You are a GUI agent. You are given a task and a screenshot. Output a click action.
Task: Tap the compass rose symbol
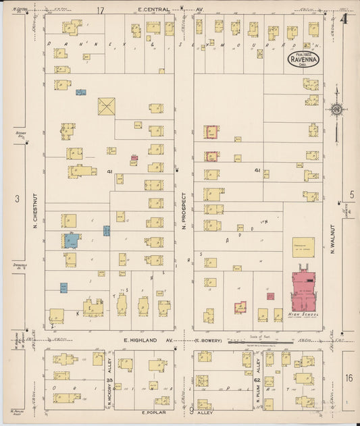(336, 110)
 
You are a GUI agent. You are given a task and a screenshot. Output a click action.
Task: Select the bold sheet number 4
(344, 19)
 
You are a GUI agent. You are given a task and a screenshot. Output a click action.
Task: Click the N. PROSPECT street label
(183, 211)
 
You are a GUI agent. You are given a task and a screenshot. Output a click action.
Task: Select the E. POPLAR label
(153, 411)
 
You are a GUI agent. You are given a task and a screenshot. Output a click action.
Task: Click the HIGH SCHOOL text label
(303, 315)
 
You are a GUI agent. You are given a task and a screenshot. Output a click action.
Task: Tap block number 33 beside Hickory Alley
(109, 381)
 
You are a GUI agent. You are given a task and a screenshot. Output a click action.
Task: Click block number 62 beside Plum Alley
(257, 381)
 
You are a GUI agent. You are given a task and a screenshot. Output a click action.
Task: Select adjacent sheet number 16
(348, 378)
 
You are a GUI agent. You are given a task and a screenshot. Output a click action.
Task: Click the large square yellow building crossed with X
(107, 107)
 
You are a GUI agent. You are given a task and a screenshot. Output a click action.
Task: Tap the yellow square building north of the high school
(303, 246)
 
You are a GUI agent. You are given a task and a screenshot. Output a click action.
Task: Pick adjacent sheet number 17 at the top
(101, 11)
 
